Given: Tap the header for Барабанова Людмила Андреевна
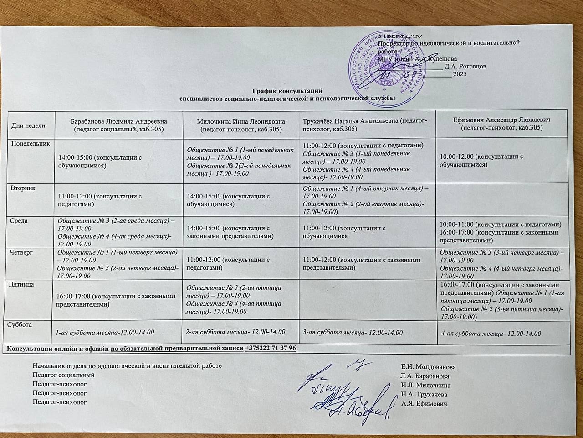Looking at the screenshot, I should tap(119, 125).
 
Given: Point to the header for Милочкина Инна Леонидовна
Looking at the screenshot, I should tap(241, 125).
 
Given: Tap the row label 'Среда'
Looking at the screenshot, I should tap(20, 221).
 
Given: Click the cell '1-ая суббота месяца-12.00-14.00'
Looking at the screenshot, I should tap(105, 333).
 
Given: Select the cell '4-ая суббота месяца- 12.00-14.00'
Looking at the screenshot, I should tap(491, 333).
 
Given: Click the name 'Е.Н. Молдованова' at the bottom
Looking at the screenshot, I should tap(428, 367).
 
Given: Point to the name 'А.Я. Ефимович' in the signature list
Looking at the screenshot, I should tap(424, 404).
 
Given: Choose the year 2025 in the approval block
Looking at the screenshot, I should tap(460, 74).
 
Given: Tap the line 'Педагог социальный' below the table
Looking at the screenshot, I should tap(64, 375).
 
